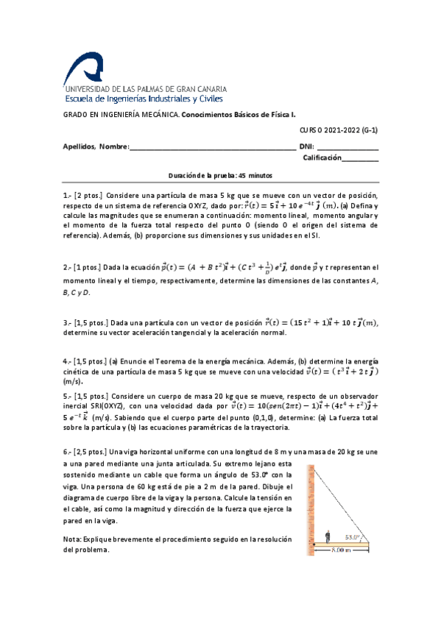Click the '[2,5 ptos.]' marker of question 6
click(x=91, y=450)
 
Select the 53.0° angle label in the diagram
click(x=357, y=538)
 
